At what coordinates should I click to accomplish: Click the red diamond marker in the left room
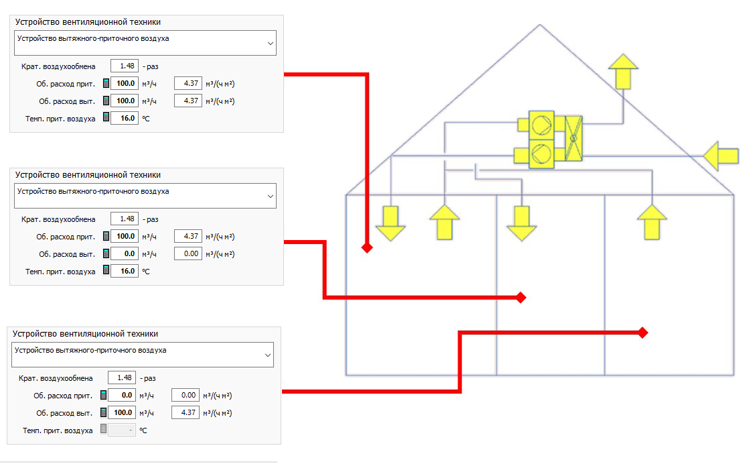367,247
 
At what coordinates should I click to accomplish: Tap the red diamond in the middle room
520,297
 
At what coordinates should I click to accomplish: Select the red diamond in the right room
642,333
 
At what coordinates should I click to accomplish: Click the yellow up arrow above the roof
623,71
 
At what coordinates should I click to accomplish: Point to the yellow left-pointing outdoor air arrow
721,156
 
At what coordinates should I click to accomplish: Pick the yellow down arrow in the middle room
522,223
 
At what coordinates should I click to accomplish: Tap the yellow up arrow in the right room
652,222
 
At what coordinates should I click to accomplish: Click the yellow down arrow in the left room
390,223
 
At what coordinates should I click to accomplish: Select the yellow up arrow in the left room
445,222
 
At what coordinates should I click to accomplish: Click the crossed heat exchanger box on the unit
573,138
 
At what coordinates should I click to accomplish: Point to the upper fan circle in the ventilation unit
541,125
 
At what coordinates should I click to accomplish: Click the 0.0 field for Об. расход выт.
125,253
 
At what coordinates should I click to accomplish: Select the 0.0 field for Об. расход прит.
122,395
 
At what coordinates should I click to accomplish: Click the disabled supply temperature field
122,430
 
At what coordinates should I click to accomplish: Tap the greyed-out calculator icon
103,430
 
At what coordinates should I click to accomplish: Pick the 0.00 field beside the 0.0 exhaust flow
188,253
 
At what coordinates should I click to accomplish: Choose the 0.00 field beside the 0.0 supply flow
186,395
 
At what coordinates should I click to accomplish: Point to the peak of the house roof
540,25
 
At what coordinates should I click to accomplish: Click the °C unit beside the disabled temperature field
143,430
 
